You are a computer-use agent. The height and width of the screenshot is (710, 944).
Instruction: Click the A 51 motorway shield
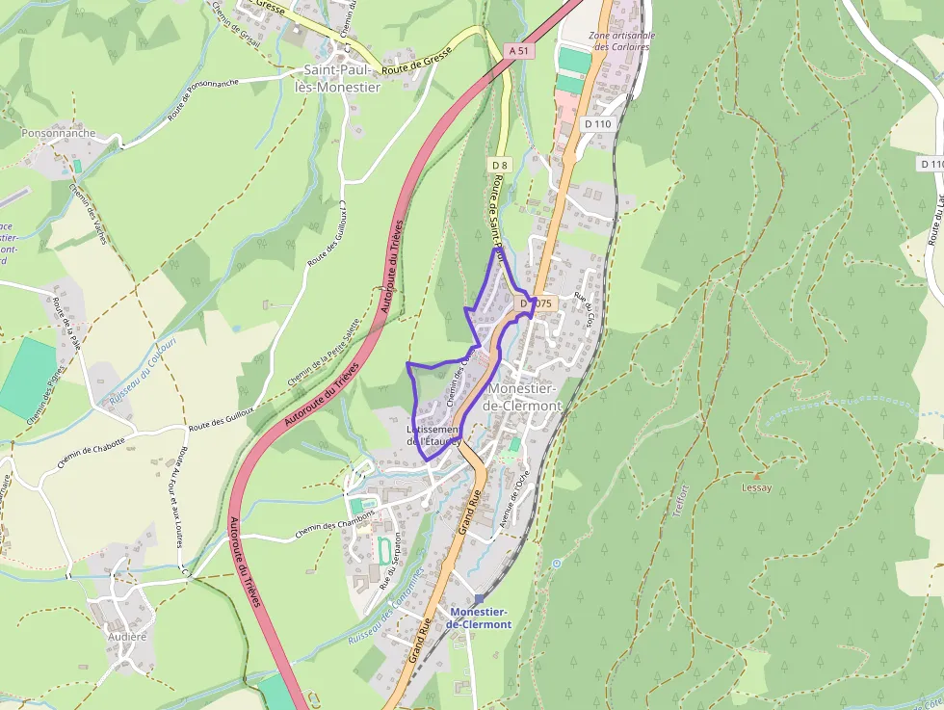[519, 50]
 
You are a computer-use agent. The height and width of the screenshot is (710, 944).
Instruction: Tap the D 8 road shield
[498, 165]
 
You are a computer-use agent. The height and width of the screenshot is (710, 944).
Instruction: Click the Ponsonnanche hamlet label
[59, 133]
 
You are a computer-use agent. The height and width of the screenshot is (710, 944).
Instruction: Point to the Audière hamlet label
[127, 636]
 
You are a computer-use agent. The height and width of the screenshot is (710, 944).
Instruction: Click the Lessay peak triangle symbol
[757, 475]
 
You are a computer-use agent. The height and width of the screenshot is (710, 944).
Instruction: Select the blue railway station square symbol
[479, 599]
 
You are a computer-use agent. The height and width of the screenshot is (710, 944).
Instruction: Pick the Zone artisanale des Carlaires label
[623, 39]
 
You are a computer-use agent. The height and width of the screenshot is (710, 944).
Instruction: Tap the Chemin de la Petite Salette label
[325, 353]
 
